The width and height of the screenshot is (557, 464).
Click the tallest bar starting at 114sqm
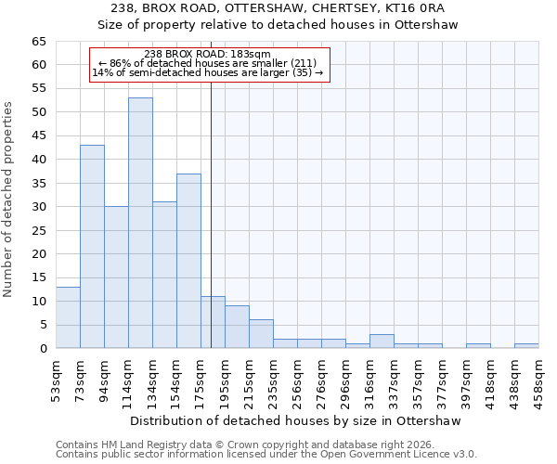click(140, 223)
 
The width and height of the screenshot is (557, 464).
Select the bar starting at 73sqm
click(92, 246)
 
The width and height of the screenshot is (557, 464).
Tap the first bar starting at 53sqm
click(68, 317)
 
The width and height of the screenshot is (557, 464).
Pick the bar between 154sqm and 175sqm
click(188, 261)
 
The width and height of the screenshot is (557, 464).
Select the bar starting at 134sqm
click(164, 275)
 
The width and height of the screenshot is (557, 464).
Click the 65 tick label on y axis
click(38, 42)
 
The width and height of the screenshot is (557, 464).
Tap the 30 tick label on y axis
click(38, 206)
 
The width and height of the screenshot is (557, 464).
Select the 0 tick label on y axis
click(42, 348)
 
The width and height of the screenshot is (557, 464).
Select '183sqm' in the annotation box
click(251, 55)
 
